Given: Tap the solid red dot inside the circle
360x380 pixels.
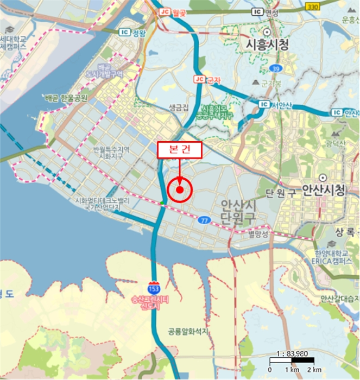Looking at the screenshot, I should click(x=180, y=190).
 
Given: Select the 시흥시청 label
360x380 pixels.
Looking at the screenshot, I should click(x=267, y=43).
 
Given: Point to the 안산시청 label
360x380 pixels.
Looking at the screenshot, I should click(x=324, y=190).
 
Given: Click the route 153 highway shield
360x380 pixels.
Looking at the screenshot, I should click(x=154, y=286).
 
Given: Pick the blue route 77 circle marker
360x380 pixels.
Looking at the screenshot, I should click(x=204, y=220).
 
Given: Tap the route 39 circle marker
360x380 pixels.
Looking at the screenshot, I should click(x=275, y=68).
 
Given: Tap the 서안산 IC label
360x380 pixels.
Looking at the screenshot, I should click(x=275, y=104).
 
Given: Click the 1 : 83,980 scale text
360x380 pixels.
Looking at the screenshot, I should click(x=292, y=352).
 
